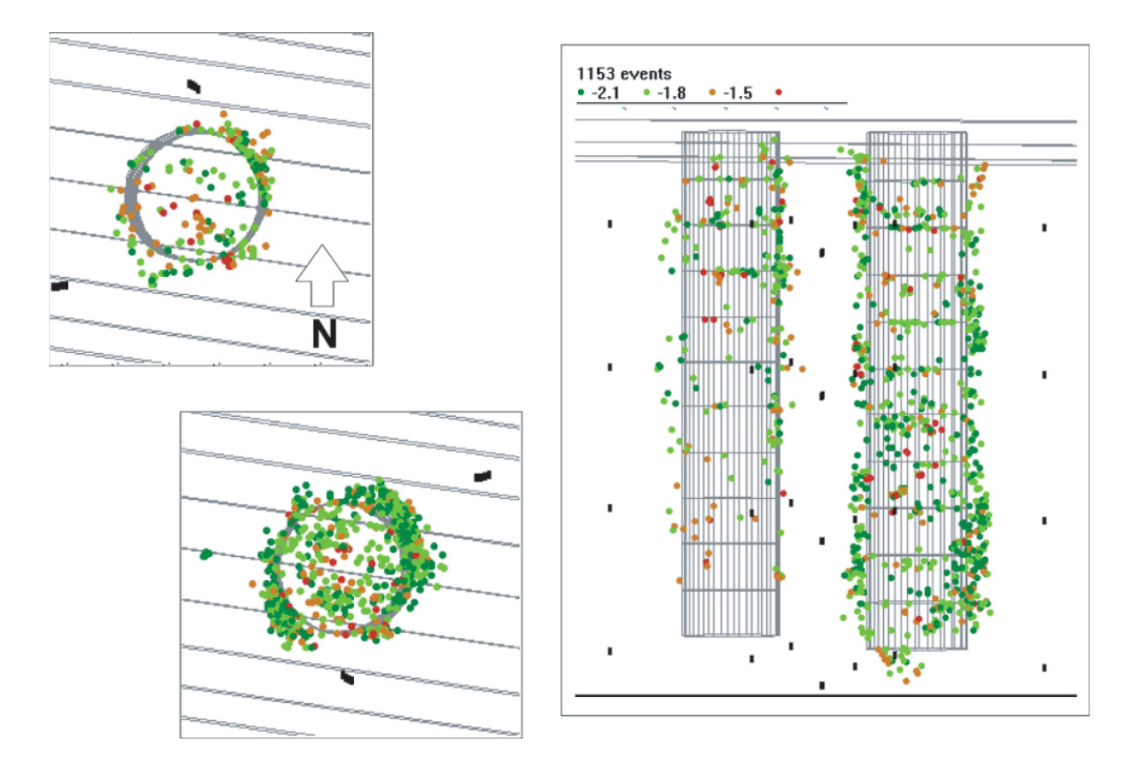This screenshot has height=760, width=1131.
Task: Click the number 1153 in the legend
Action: pos(593,74)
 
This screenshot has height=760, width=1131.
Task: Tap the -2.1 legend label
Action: pos(605,94)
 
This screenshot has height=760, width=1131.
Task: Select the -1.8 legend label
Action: pos(672,94)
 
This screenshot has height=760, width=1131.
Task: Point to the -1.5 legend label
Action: pos(738,94)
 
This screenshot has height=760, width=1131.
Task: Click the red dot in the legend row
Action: pos(779,92)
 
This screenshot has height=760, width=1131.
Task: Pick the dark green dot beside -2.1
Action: pos(580,92)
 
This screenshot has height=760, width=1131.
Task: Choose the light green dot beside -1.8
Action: pos(647,92)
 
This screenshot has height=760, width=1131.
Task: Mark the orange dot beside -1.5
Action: pos(712,92)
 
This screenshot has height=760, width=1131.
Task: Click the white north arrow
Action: pos(322,275)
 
